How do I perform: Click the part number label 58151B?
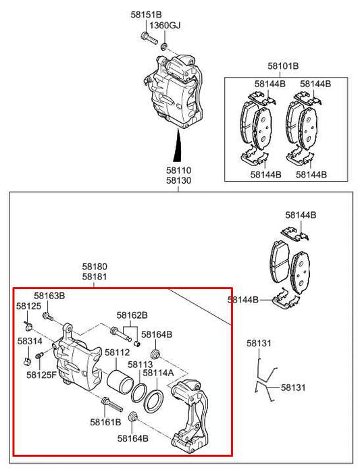tap(147, 14)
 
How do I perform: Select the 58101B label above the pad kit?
tap(282, 66)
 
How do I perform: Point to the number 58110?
tap(179, 172)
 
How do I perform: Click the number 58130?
tap(179, 182)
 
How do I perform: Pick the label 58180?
tap(95, 267)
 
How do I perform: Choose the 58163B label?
tap(50, 296)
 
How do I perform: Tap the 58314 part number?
tap(30, 342)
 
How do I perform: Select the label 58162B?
tap(132, 315)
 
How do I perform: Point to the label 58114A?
tap(159, 372)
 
